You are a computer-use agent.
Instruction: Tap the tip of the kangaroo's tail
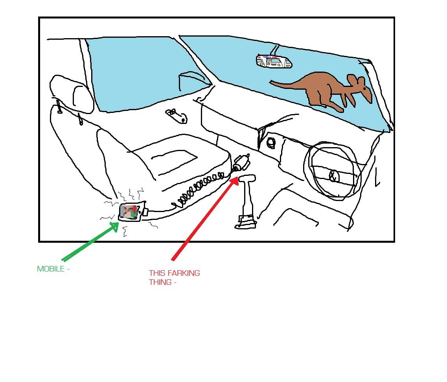pyautogui.click(x=270, y=82)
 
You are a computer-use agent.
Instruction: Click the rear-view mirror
pyautogui.click(x=274, y=62)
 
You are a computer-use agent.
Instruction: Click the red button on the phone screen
pyautogui.click(x=134, y=208)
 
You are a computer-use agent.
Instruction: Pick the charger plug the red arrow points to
pyautogui.click(x=241, y=163)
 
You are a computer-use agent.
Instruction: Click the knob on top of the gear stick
pyautogui.click(x=247, y=178)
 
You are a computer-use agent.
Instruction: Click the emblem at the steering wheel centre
pyautogui.click(x=333, y=176)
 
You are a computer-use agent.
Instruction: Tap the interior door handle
pyautogui.click(x=177, y=116)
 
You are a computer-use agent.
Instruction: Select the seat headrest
pyautogui.click(x=72, y=94)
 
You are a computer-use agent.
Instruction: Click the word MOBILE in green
pyautogui.click(x=51, y=269)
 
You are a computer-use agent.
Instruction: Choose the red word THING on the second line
pyautogui.click(x=160, y=282)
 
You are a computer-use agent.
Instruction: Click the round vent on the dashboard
pyautogui.click(x=270, y=143)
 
